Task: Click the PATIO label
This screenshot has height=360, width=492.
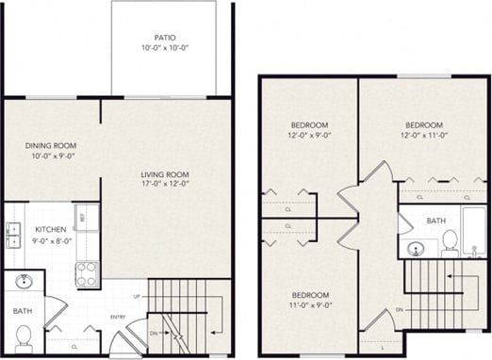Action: click(166, 38)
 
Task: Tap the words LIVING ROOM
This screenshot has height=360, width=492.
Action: click(165, 174)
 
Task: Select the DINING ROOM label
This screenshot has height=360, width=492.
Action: click(51, 145)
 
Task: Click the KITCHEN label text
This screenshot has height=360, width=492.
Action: click(50, 229)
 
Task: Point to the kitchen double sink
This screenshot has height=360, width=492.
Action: click(14, 234)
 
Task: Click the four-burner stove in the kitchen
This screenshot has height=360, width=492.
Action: click(87, 274)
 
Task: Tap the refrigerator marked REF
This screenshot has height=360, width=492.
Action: click(86, 216)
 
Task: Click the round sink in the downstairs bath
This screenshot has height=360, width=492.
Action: click(23, 282)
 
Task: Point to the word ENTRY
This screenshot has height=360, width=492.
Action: click(118, 317)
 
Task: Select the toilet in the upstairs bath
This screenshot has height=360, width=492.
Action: click(449, 242)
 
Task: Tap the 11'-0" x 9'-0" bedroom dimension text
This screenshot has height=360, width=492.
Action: click(309, 305)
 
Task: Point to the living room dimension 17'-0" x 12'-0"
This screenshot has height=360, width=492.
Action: click(165, 185)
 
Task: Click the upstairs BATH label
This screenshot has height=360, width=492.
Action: click(435, 221)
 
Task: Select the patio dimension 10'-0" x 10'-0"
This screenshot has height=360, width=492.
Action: click(166, 48)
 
